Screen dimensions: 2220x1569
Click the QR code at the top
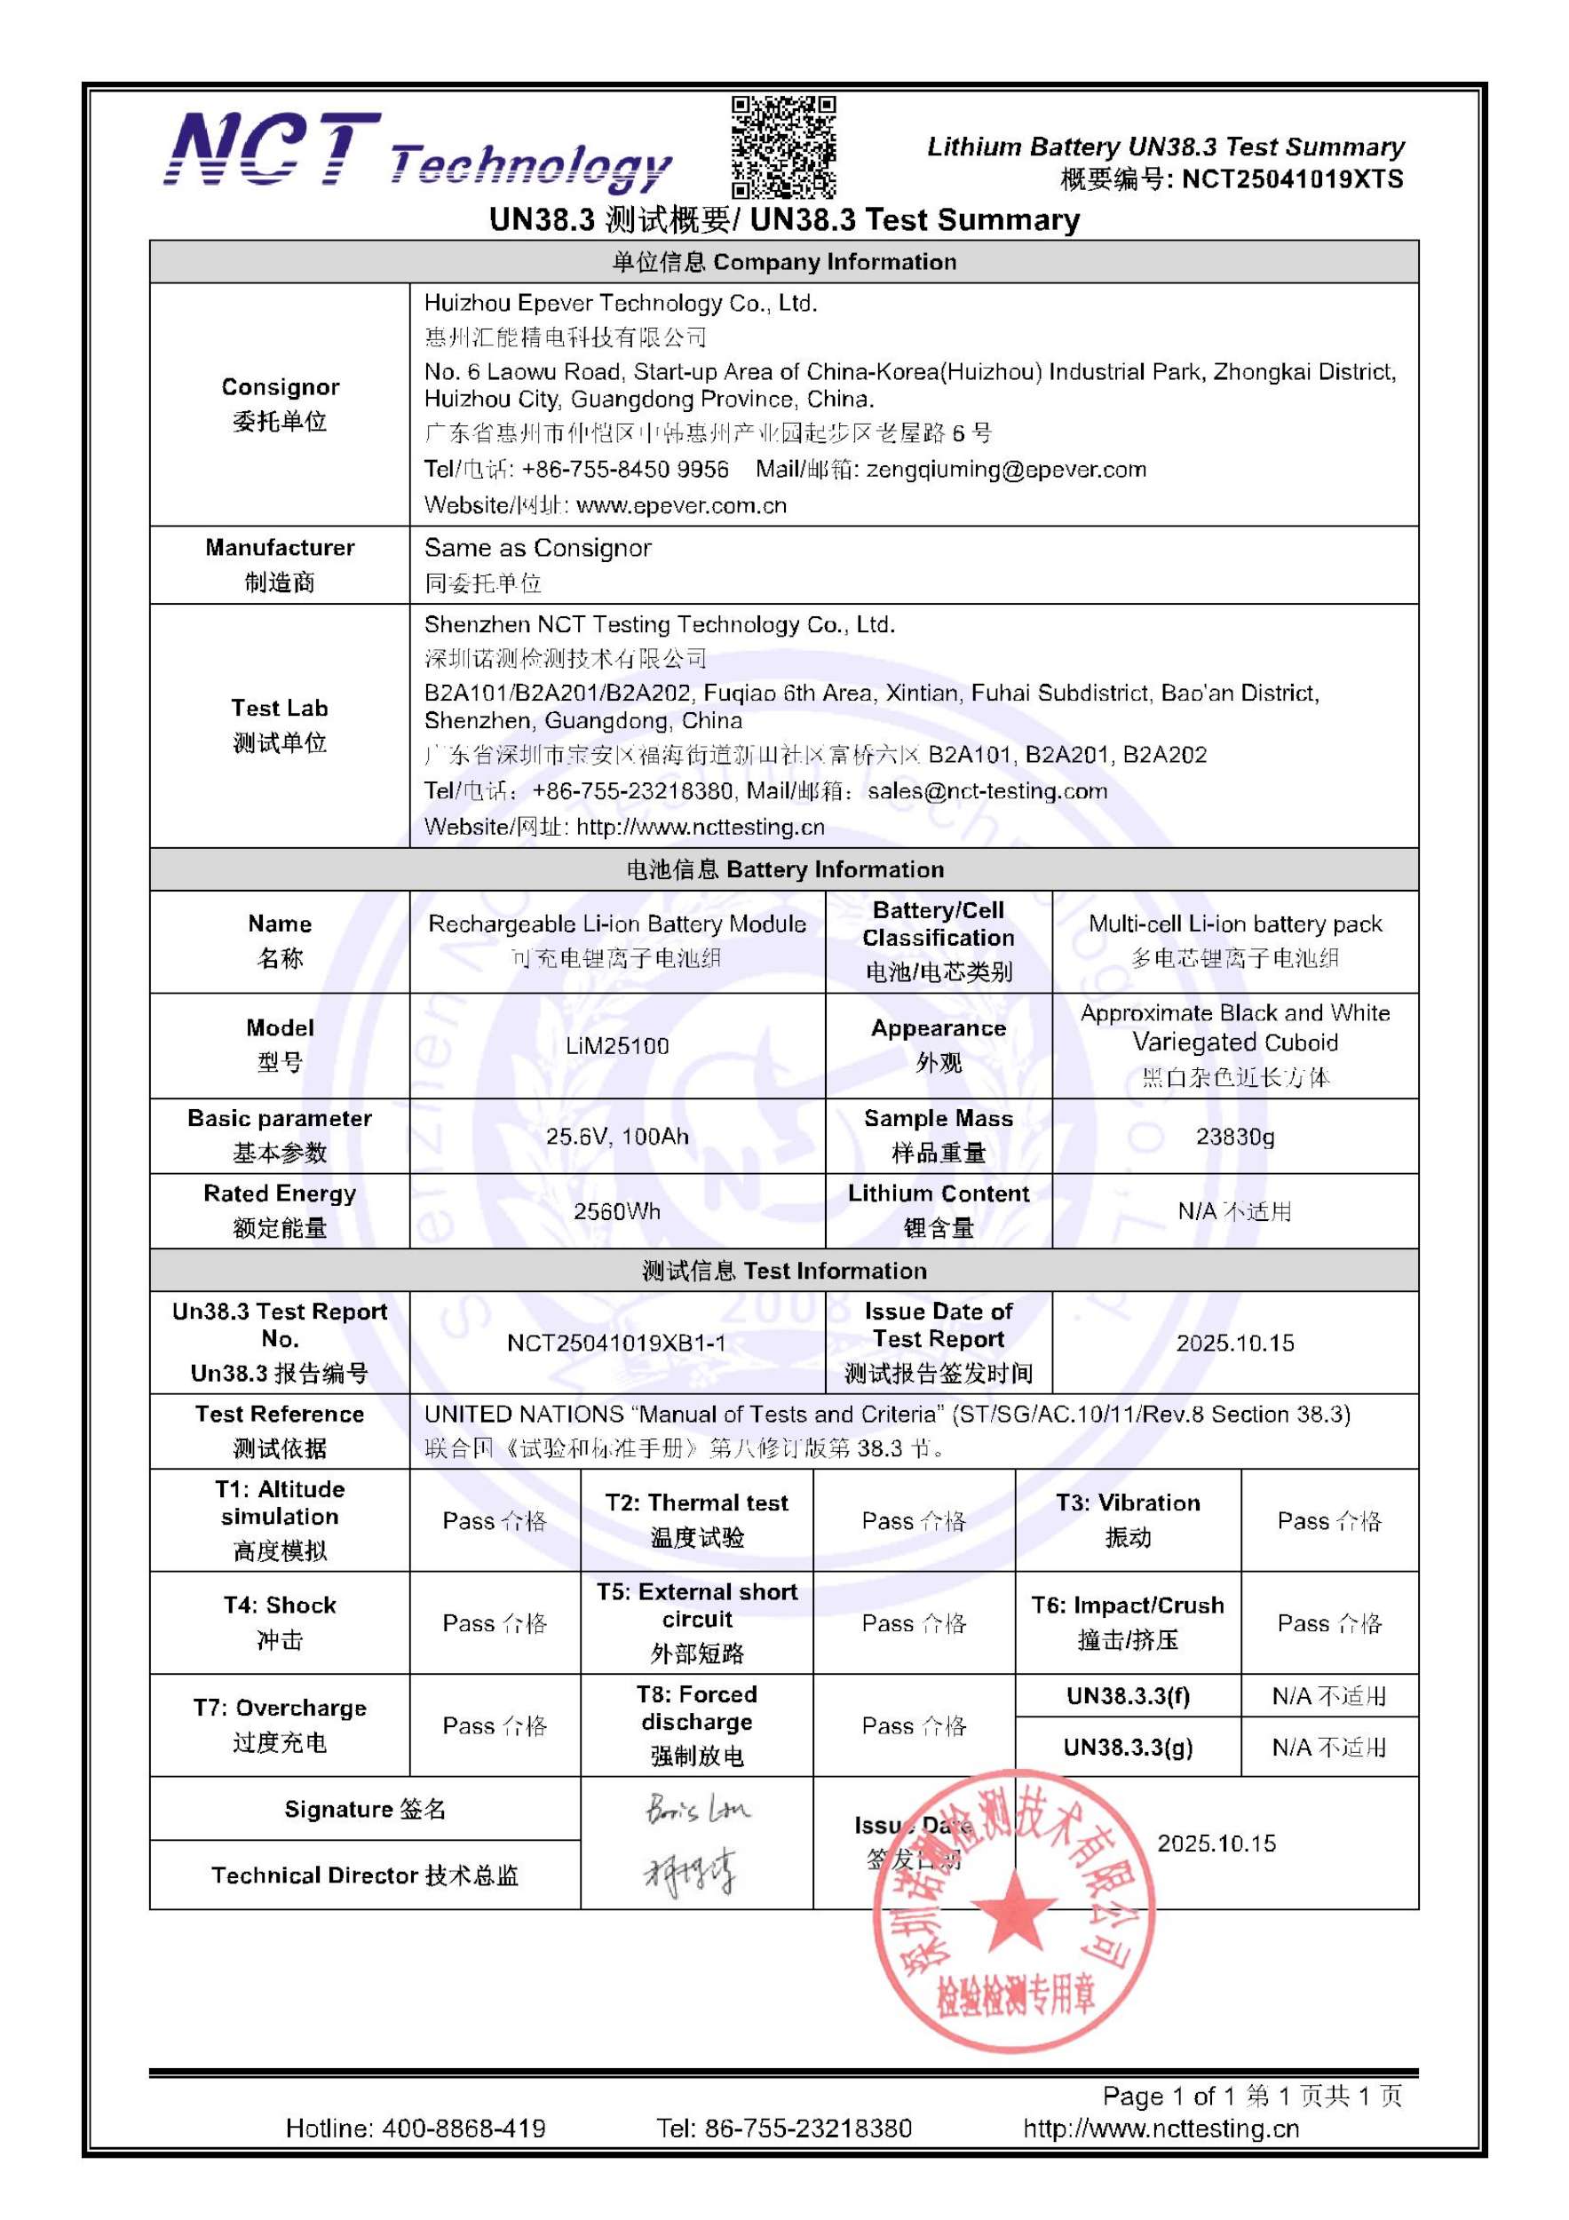pos(783,147)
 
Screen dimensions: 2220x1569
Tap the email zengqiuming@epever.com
pos(1005,470)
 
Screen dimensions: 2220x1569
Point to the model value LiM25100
pos(617,1045)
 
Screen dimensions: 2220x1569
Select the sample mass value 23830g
pos(1234,1136)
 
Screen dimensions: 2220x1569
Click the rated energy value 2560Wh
pos(617,1210)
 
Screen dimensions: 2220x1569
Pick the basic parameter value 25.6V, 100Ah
pos(617,1136)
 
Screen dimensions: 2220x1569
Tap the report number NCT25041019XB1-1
pos(617,1343)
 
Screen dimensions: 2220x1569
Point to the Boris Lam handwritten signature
pos(697,1809)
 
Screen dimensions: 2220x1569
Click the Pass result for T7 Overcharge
pos(494,1726)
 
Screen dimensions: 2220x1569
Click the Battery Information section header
pos(784,869)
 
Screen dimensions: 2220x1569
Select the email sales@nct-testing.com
pos(987,791)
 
